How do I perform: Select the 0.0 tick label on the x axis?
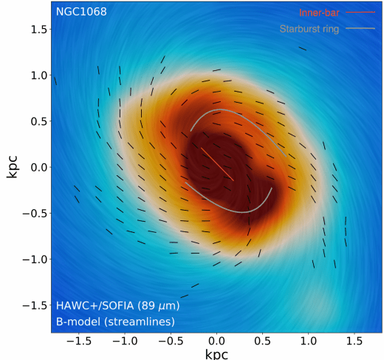[216, 342]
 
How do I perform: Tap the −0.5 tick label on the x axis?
[168, 342]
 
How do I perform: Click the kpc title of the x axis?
[216, 355]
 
